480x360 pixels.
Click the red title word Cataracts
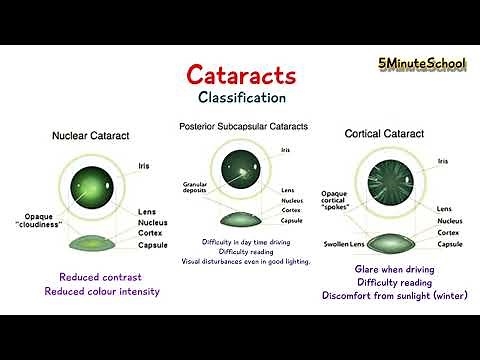click(241, 76)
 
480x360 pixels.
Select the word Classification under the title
click(241, 98)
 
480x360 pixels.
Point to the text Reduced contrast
click(101, 277)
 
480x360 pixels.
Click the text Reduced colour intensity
click(101, 291)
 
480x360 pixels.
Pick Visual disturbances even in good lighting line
click(245, 261)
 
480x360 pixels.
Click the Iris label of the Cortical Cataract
click(442, 159)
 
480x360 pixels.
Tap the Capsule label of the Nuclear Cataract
click(153, 244)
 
